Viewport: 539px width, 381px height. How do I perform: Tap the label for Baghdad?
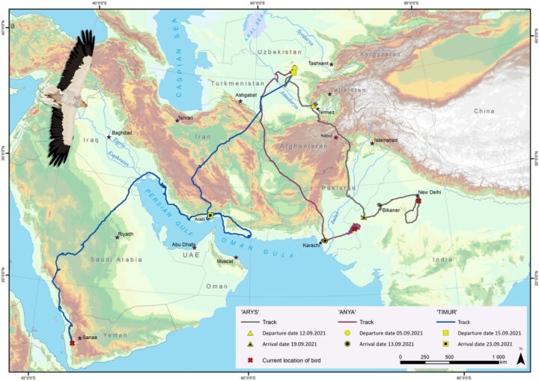tap(121, 133)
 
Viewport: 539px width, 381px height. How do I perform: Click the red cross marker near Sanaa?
tap(72, 343)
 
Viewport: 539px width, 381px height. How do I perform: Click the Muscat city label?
tap(225, 263)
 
